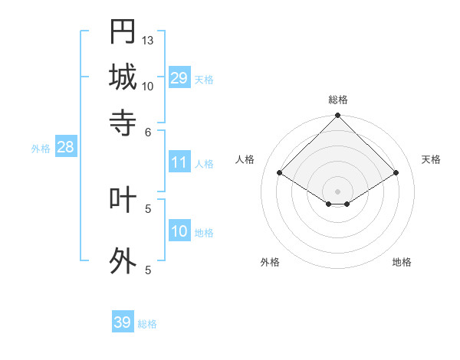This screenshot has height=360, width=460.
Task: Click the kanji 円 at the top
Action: pos(123,31)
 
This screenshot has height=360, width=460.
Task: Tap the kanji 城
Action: pos(123,77)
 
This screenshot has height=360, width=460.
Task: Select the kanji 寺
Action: pos(123,122)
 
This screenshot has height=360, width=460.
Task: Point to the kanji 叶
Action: pos(123,199)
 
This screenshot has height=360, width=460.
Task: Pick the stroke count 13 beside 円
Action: pos(148,39)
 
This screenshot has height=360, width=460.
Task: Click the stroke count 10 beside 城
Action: pos(148,86)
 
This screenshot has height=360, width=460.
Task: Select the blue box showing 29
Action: pos(179,78)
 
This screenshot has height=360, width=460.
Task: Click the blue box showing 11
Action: pos(179,162)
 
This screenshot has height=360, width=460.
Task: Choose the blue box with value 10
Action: pos(179,231)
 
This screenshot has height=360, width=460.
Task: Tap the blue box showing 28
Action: pos(65,148)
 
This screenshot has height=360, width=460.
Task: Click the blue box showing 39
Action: pos(123,322)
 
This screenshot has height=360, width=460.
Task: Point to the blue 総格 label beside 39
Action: pos(147,324)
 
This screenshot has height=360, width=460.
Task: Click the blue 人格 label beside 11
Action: pos(205,163)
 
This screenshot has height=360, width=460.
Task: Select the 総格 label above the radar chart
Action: pos(338,100)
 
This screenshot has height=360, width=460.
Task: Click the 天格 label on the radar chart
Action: pos(431,159)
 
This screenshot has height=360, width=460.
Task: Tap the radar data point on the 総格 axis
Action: pos(338,116)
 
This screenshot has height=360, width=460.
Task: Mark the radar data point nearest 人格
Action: pos(280,173)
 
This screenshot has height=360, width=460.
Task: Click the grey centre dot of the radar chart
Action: pos(338,191)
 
